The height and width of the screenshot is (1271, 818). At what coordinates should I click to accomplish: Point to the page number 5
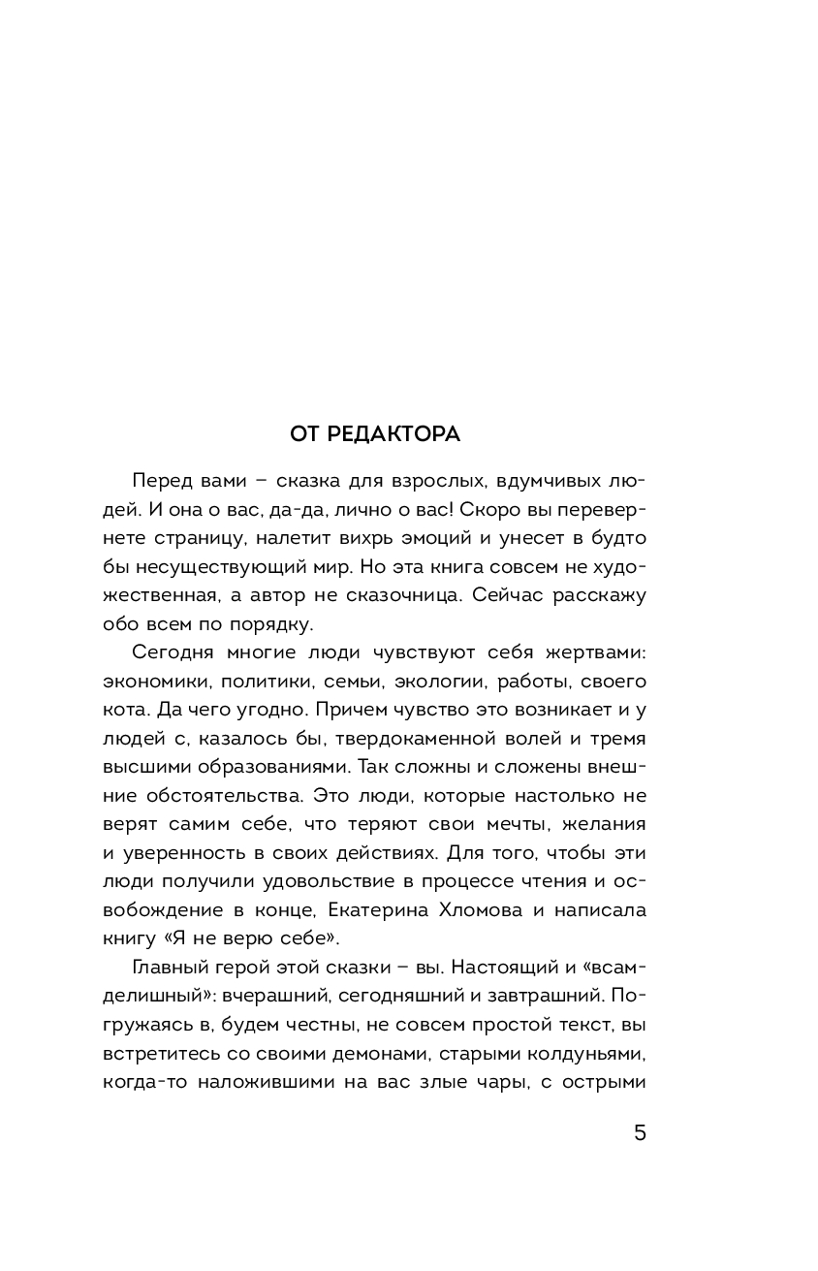coord(640,1132)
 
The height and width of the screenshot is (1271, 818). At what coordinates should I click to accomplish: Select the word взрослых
coord(461,483)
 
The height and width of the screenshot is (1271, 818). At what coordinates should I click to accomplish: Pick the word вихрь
coord(369,537)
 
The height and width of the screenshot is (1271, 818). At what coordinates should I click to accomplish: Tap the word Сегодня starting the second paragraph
coord(173,654)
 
